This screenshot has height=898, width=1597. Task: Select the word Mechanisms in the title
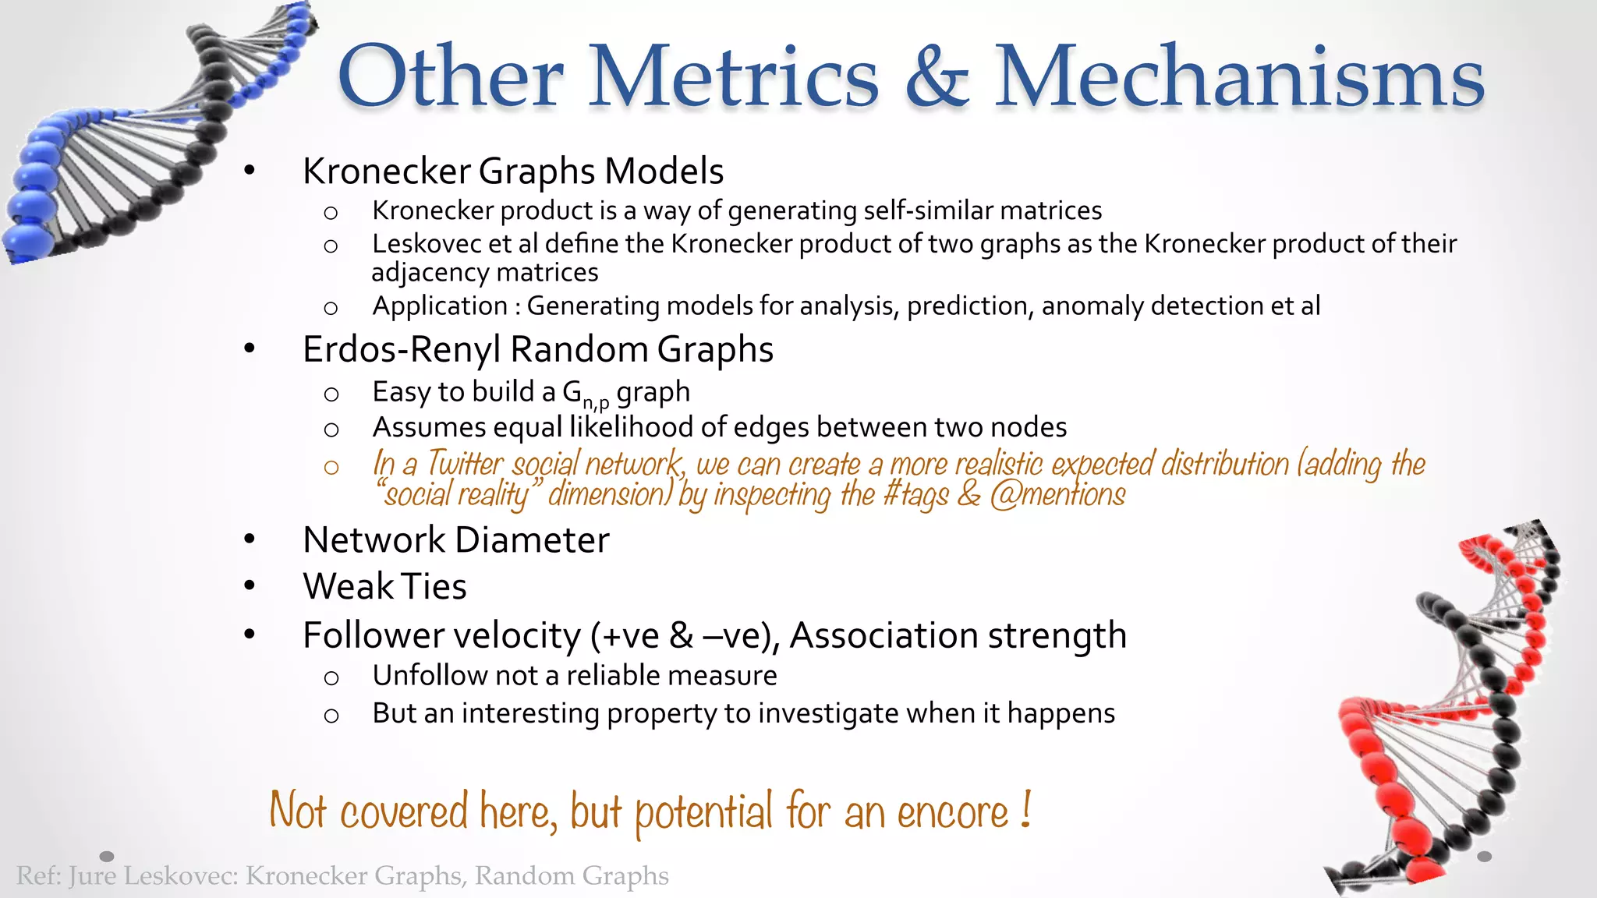pos(1239,76)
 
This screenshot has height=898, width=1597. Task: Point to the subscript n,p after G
pos(597,403)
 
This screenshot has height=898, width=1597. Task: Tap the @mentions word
pos(1058,494)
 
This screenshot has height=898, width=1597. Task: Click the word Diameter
pos(533,540)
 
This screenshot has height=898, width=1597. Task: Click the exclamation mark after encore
pos(1026,811)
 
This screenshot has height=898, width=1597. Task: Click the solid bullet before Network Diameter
pos(250,539)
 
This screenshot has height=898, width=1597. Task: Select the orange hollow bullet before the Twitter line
pos(331,467)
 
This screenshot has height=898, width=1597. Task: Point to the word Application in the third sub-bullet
pos(440,306)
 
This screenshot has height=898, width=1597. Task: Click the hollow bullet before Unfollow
pos(331,677)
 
